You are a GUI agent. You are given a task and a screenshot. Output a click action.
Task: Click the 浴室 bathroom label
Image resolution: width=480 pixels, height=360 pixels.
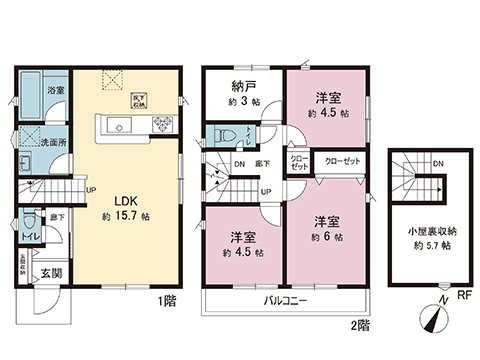[58, 90]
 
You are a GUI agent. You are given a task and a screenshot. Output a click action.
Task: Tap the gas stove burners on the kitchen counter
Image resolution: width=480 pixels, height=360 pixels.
[161, 126]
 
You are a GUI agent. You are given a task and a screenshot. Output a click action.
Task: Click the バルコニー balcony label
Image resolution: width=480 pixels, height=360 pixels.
[285, 300]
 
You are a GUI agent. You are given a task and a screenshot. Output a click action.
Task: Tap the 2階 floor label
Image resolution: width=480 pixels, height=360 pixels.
[359, 324]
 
